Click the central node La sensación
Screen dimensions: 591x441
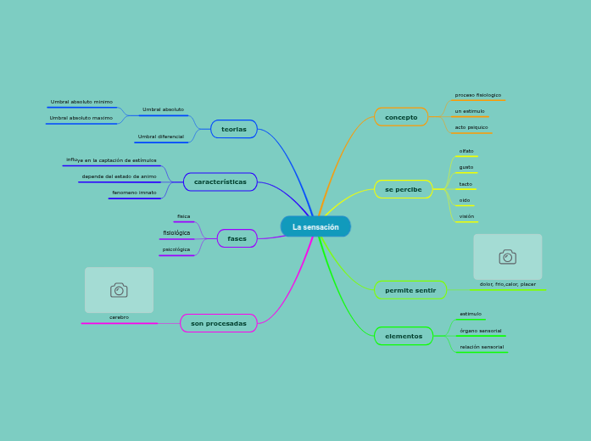pos(315,226)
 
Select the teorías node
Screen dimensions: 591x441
pos(234,129)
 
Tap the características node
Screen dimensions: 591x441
pos(220,181)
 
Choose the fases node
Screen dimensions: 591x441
pos(237,238)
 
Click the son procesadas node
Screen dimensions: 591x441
pos(219,323)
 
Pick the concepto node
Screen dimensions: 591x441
pos(401,117)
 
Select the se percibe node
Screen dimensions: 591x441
pos(404,189)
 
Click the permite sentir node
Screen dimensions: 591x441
pos(410,290)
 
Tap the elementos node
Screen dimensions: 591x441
pos(404,336)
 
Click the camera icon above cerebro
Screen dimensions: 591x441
pos(119,290)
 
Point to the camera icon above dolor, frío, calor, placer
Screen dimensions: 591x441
pos(507,257)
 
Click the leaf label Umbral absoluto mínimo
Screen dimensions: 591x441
pos(81,102)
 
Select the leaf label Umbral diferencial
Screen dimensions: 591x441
pos(161,137)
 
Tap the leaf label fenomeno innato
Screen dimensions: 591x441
pos(135,193)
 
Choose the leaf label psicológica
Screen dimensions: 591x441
pos(176,249)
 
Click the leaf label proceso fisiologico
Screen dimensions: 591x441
pos(478,95)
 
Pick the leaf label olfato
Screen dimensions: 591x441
pos(466,151)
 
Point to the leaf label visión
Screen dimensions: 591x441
pos(466,216)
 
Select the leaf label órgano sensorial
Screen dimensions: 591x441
pos(481,331)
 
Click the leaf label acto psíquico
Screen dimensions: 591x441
pos(471,127)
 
